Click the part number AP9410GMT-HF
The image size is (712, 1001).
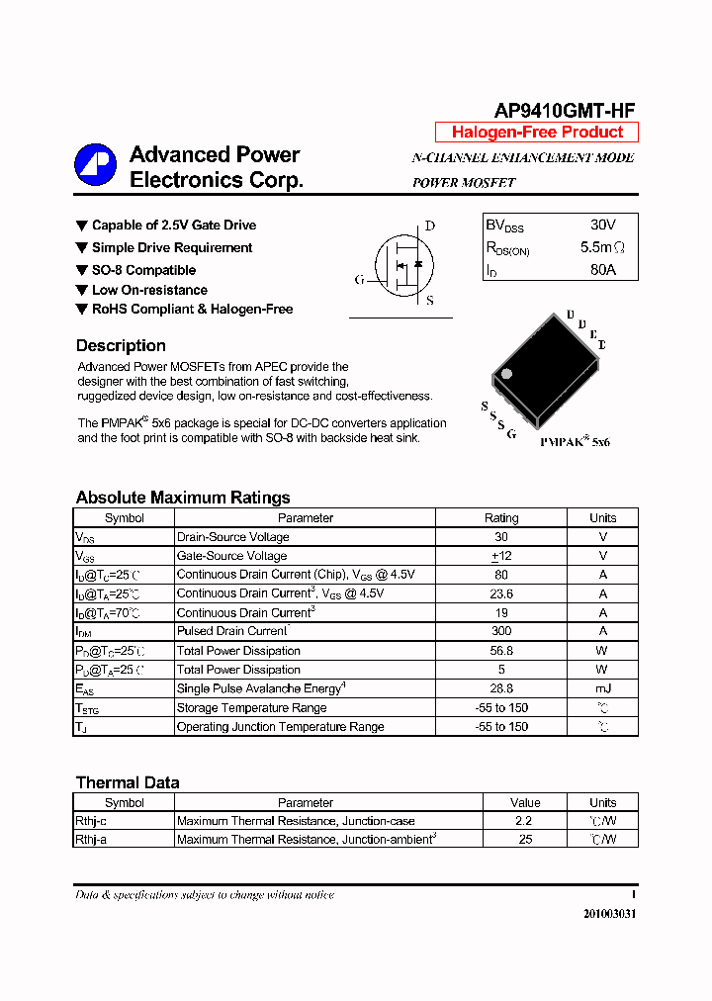(565, 111)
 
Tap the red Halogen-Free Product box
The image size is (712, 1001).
(537, 133)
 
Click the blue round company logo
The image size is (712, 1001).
(95, 165)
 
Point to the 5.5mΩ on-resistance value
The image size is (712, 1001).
(601, 247)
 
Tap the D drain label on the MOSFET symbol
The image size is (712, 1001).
(430, 226)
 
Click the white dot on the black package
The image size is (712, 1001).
(506, 374)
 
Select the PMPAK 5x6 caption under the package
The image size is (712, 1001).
(575, 442)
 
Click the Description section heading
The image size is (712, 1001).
(121, 346)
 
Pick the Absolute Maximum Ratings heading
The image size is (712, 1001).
(183, 498)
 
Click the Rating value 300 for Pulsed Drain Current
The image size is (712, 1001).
(500, 631)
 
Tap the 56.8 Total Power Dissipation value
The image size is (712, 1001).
(500, 651)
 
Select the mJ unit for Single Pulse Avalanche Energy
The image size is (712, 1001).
(602, 688)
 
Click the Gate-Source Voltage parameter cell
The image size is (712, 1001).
(232, 556)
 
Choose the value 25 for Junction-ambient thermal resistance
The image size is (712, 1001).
(525, 840)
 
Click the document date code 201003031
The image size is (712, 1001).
(609, 914)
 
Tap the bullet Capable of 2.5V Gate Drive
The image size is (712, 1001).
(173, 226)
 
